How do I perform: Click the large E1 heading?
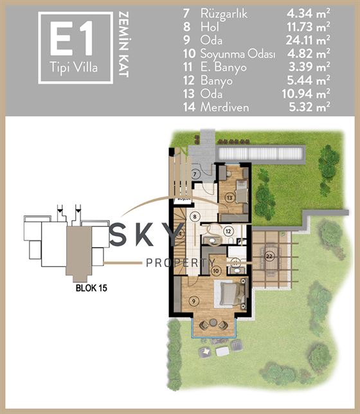71,39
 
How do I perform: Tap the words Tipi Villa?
74,68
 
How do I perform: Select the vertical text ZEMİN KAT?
123,44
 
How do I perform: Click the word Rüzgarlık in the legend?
224,14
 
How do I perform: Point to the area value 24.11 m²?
308,40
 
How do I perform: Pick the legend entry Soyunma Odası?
238,54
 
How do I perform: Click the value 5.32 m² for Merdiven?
309,107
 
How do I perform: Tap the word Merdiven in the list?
224,107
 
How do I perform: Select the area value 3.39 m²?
309,67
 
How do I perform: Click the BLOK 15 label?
91,288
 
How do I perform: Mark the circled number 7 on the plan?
195,174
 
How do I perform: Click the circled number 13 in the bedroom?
230,197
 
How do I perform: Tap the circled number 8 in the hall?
195,217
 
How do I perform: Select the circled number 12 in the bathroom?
228,231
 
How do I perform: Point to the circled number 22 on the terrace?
269,256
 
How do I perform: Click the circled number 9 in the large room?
194,301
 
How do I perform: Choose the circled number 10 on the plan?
216,271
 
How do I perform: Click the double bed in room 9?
233,293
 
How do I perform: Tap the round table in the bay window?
213,322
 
